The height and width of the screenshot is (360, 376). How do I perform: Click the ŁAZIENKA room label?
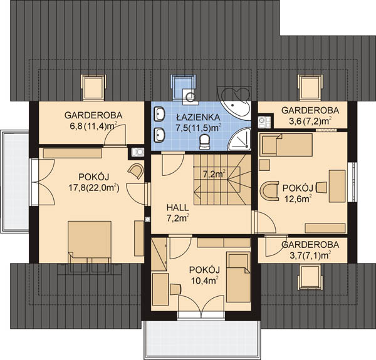click(x=198, y=117)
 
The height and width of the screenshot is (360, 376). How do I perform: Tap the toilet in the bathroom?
click(x=204, y=141)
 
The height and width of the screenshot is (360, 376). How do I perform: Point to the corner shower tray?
click(x=239, y=140)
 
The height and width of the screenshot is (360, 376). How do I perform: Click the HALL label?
click(x=178, y=207)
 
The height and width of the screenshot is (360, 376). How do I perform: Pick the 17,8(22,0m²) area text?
click(x=94, y=188)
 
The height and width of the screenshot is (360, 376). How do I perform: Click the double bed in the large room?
click(x=90, y=246)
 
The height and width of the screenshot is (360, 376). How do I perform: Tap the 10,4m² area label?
click(x=205, y=280)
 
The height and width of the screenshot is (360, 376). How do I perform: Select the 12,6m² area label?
click(x=298, y=198)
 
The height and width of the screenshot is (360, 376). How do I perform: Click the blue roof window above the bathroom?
click(x=184, y=87)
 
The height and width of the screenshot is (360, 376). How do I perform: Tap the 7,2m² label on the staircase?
click(x=214, y=174)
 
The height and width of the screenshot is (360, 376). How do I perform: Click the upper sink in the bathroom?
click(x=159, y=114)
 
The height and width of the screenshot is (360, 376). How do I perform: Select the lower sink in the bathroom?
click(x=159, y=135)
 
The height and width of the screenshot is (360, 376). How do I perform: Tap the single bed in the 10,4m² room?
click(x=238, y=277)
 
